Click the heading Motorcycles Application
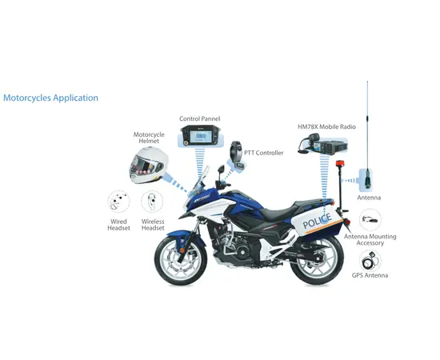pos(51,98)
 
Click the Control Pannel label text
pos(199,118)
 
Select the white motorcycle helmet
pos(150,166)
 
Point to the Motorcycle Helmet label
pos(149,138)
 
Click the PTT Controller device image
pos(238,155)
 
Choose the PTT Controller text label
pos(263,153)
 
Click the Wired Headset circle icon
pos(118,201)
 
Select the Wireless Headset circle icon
pos(152,201)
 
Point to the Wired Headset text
pos(118,225)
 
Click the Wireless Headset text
pos(153,225)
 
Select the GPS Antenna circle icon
pos(370,260)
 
